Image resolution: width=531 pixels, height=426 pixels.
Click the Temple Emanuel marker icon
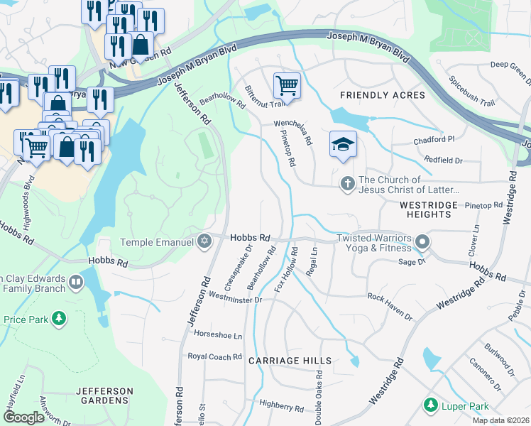[x=204, y=242]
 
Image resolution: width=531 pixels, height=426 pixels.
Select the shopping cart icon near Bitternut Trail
[x=287, y=86]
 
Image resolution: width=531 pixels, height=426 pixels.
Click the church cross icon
[x=347, y=185]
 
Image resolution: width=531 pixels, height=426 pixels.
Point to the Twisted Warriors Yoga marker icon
[x=422, y=243]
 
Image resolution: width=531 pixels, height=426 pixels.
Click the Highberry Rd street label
[x=282, y=405]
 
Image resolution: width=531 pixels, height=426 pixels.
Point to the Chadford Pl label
[x=434, y=141]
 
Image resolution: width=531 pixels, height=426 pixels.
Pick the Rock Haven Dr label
[x=395, y=296]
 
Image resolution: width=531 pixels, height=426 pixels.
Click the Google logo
[x=24, y=417]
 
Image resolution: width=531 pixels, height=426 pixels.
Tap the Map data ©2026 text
[x=500, y=420]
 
